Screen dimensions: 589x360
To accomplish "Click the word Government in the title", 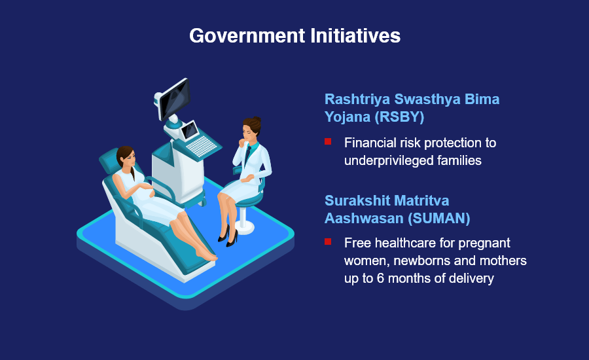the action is (x=247, y=36).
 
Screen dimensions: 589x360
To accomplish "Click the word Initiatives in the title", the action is (x=355, y=36).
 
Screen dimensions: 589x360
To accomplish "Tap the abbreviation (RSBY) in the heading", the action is (x=400, y=117).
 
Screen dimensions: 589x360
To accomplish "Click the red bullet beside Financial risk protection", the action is (x=328, y=141).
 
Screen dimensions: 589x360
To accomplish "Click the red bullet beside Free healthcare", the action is (x=328, y=242).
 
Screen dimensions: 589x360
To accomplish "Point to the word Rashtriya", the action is (x=357, y=99).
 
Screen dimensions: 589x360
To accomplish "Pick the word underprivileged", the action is (x=394, y=161).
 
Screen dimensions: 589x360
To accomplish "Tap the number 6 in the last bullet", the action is (x=380, y=278).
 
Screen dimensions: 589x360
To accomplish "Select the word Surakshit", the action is (x=357, y=201).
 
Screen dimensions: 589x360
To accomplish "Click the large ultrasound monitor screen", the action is (x=175, y=98).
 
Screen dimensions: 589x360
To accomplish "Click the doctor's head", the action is (x=251, y=128).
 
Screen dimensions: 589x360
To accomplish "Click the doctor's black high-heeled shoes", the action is (x=228, y=236).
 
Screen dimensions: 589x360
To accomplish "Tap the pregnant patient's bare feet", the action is (x=206, y=255).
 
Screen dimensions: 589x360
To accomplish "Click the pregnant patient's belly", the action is (x=145, y=189).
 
